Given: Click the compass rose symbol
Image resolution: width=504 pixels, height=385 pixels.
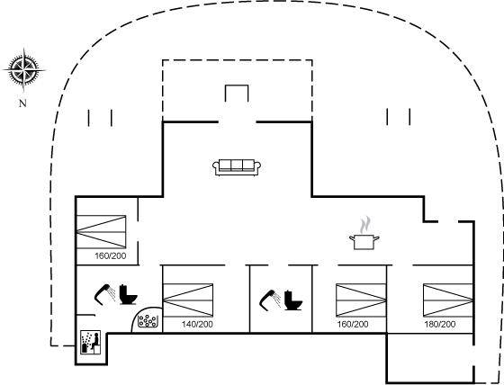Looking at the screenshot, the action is [x=24, y=70].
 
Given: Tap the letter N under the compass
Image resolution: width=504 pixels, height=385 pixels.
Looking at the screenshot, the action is [x=22, y=103].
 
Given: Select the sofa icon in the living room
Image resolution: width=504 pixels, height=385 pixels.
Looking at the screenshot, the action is [x=237, y=167].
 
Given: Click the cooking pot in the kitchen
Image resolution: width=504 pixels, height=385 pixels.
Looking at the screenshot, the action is [x=364, y=242].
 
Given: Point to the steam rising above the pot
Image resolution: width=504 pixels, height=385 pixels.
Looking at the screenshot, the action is [x=364, y=225].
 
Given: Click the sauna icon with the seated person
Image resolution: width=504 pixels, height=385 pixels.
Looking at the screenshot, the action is [x=90, y=342].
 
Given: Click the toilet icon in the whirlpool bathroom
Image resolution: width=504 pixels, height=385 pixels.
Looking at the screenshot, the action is [x=128, y=294].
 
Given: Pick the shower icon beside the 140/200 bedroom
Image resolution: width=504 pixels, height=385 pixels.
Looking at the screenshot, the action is [x=270, y=300].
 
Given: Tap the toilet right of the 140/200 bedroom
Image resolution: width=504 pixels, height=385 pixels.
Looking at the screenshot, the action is [x=293, y=300].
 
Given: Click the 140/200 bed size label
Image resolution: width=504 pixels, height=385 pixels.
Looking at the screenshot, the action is [x=197, y=324].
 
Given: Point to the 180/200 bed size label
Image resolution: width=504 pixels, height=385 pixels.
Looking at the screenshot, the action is [x=440, y=324].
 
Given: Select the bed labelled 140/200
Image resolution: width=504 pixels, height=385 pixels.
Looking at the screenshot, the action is [x=188, y=300].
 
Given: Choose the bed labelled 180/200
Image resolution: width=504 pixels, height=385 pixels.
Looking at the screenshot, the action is [x=448, y=300].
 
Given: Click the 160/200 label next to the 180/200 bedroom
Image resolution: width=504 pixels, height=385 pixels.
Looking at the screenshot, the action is [x=353, y=324].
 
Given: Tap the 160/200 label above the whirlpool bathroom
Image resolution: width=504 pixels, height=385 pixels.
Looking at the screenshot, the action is [x=110, y=256].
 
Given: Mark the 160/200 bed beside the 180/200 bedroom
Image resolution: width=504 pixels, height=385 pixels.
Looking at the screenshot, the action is [x=361, y=300].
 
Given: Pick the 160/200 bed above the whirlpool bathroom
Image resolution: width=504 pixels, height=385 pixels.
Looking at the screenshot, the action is [x=101, y=232].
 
